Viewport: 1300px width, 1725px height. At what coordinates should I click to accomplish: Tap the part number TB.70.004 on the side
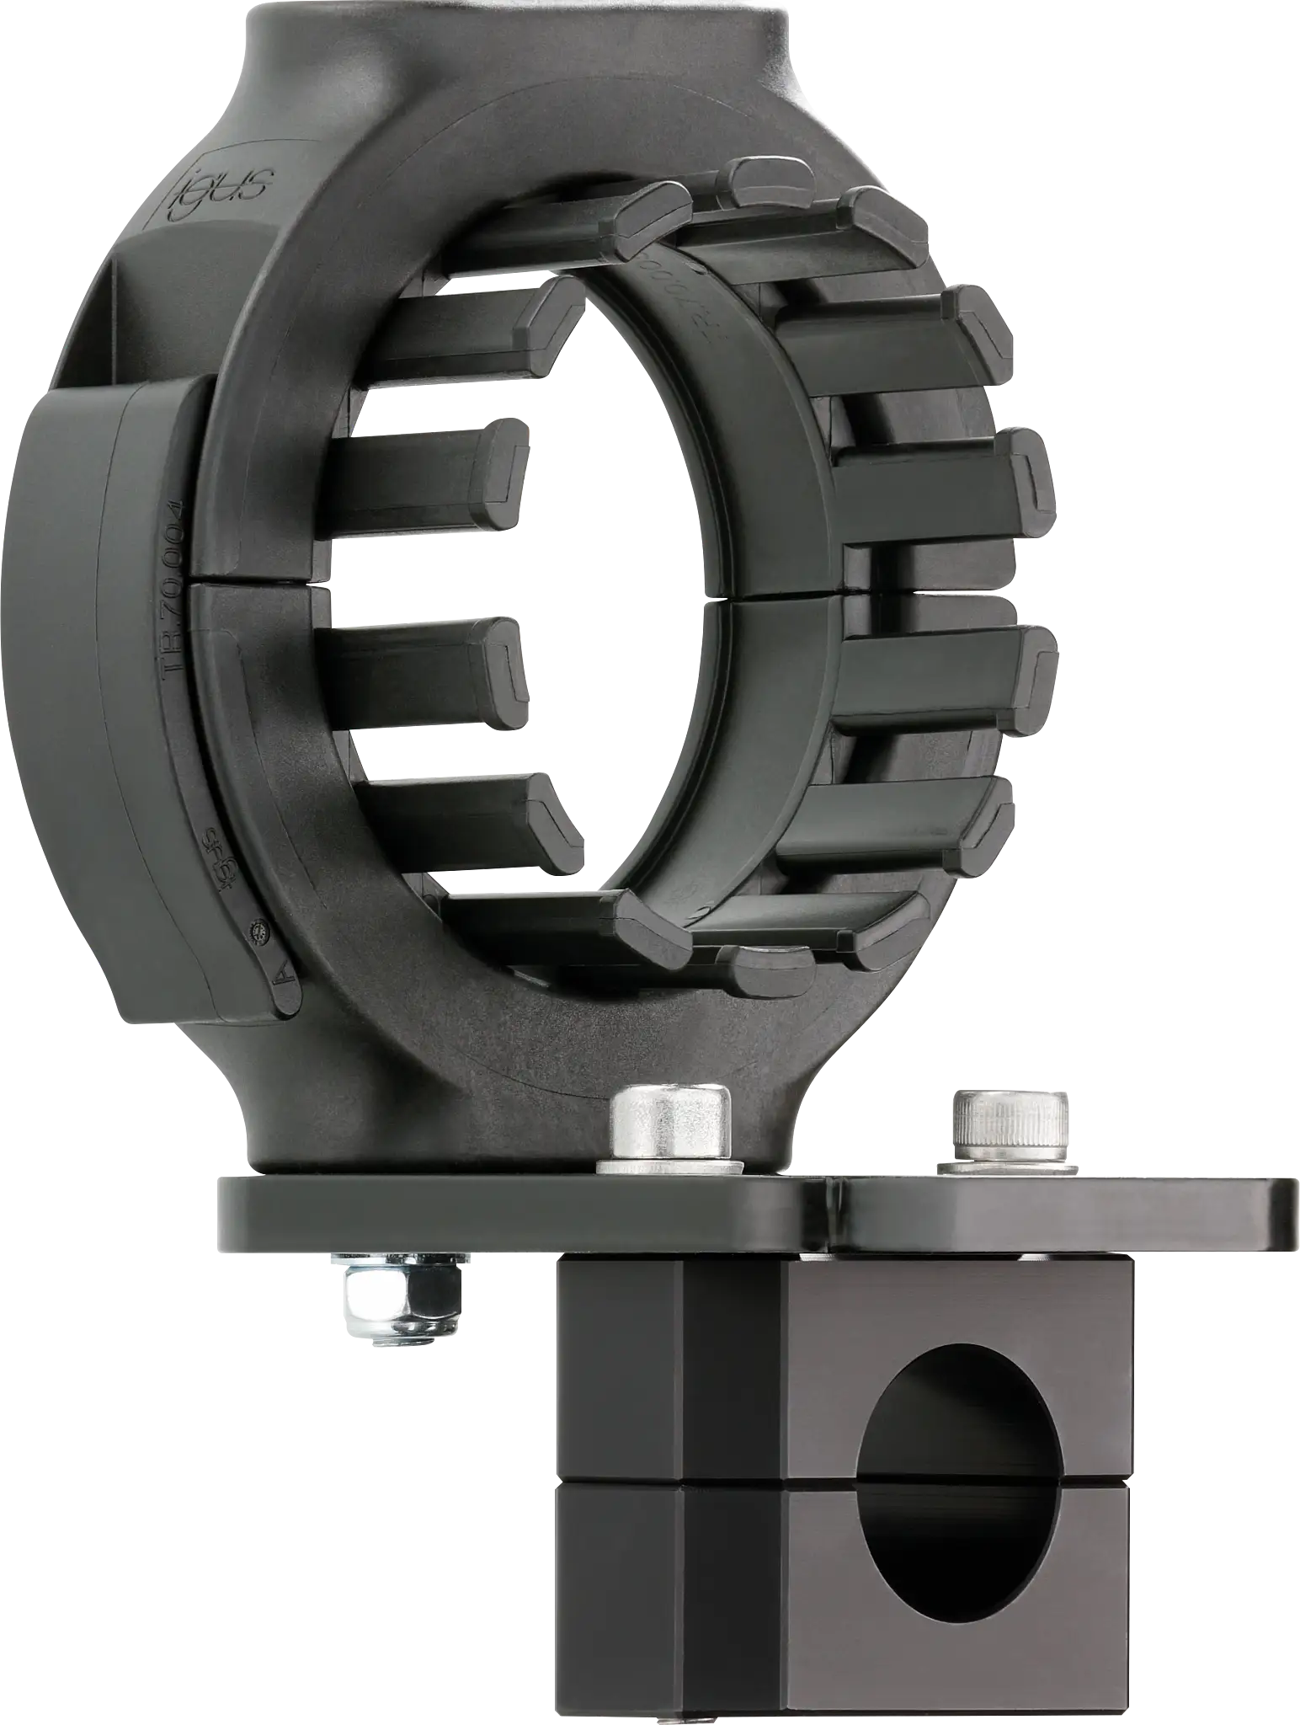pyautogui.click(x=172, y=585)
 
